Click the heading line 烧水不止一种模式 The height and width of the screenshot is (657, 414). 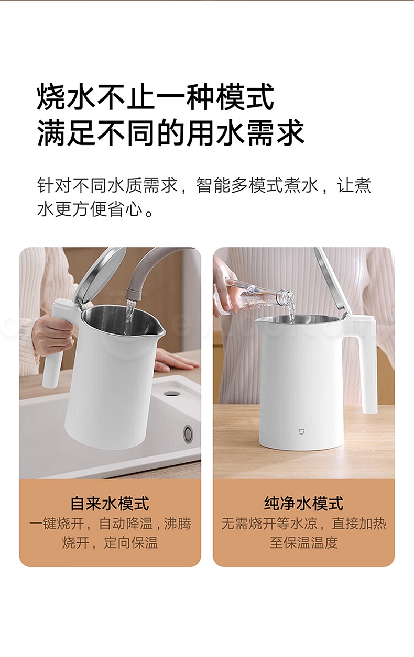[x=155, y=97]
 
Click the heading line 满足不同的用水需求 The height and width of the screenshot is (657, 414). [x=171, y=132]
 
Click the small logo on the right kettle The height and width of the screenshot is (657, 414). [x=301, y=431]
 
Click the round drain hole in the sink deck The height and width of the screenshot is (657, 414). [x=170, y=393]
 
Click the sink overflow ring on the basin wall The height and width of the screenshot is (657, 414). [x=188, y=433]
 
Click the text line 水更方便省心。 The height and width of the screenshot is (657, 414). [x=96, y=209]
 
